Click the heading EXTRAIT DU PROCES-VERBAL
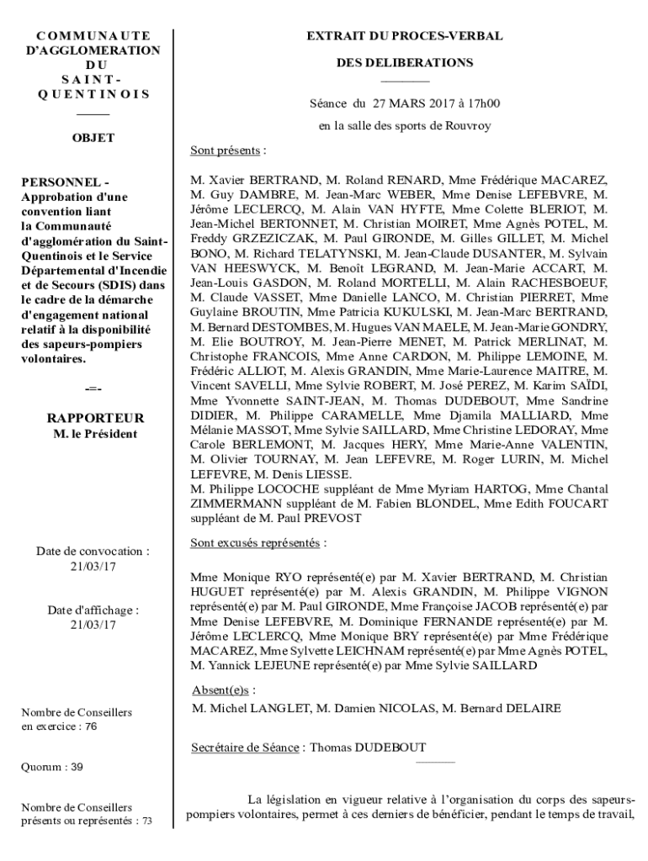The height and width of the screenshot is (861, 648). click(404, 36)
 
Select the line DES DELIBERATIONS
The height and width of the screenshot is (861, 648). click(405, 63)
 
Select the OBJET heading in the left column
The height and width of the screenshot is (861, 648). click(93, 138)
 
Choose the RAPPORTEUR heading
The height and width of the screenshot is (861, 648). click(95, 418)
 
